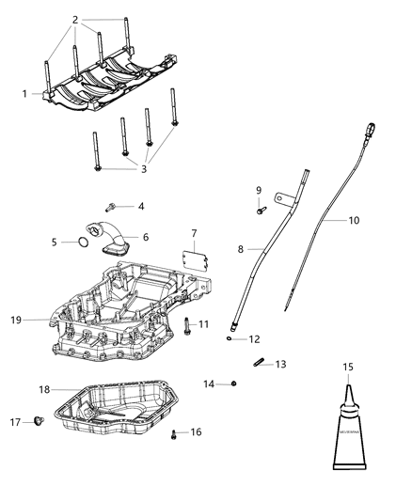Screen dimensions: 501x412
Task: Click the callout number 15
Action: (348, 367)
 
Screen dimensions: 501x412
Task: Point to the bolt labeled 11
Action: (188, 326)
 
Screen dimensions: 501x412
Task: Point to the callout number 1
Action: (24, 93)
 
